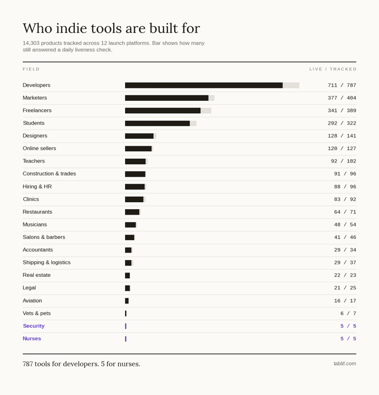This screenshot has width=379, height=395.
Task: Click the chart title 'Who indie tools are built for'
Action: [111, 28]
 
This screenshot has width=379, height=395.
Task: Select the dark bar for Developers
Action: [204, 86]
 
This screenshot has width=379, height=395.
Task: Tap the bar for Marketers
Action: [167, 98]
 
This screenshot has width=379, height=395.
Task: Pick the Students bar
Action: [158, 124]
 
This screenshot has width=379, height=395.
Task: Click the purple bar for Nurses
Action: [126, 339]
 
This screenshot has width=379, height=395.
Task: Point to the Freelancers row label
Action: [37, 111]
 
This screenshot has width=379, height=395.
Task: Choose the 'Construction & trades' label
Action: [49, 173]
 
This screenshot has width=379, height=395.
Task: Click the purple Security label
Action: [34, 326]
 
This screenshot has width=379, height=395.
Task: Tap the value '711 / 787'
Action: [342, 85]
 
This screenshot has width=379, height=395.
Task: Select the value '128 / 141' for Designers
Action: [342, 136]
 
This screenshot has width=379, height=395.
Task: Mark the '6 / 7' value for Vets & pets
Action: [348, 313]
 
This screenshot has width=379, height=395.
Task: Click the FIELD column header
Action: [31, 69]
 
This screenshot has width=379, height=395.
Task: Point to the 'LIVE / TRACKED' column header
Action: [332, 69]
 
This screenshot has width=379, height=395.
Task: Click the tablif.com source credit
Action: [345, 364]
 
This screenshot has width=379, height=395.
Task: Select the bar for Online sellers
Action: [138, 148]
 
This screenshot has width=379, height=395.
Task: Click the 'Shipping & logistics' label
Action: [47, 262]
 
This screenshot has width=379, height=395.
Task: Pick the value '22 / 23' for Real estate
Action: [345, 275]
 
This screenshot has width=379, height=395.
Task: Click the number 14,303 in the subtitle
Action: [31, 43]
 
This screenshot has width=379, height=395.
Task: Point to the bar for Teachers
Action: [135, 161]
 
